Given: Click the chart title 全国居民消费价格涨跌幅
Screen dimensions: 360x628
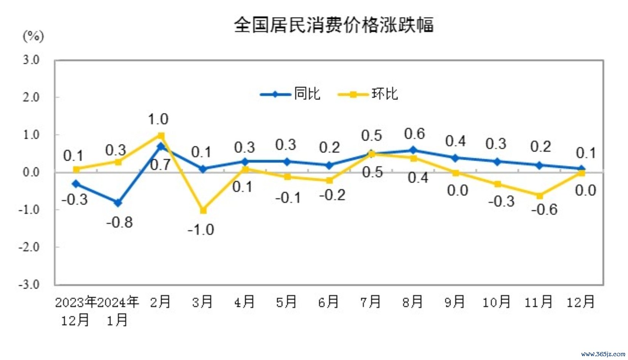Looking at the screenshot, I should (x=334, y=25).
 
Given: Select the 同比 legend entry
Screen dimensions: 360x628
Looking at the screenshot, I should (x=307, y=94).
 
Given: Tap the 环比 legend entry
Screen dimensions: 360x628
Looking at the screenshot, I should (x=385, y=94).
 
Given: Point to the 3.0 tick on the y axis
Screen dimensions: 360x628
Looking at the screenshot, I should (x=31, y=60).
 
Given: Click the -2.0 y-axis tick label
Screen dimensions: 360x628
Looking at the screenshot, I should (x=29, y=247).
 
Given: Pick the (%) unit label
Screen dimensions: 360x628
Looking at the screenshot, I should (x=34, y=37).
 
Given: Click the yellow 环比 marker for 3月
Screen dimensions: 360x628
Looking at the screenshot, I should (x=203, y=210).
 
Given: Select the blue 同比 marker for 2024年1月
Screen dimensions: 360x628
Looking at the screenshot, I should (x=118, y=203).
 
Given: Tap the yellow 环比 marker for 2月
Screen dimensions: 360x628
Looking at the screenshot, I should (x=161, y=135).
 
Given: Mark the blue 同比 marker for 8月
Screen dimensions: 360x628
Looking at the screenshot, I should (x=413, y=150).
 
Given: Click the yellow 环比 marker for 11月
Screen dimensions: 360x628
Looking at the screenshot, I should (x=539, y=196).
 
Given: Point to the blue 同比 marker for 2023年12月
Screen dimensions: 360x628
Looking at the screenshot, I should (x=76, y=184).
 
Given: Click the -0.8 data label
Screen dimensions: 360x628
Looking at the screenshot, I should (x=120, y=222).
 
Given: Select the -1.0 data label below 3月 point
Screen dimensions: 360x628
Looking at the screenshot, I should (x=201, y=230).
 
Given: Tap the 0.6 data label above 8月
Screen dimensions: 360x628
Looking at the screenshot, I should (x=414, y=134).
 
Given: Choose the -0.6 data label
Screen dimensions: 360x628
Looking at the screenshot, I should (x=544, y=209).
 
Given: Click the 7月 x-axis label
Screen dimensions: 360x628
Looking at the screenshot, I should (x=371, y=302).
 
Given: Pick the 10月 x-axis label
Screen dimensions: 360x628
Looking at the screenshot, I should (x=496, y=302).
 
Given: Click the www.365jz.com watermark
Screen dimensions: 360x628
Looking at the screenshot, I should (x=603, y=354).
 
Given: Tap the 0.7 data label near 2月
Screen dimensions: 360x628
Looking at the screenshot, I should (x=160, y=165).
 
